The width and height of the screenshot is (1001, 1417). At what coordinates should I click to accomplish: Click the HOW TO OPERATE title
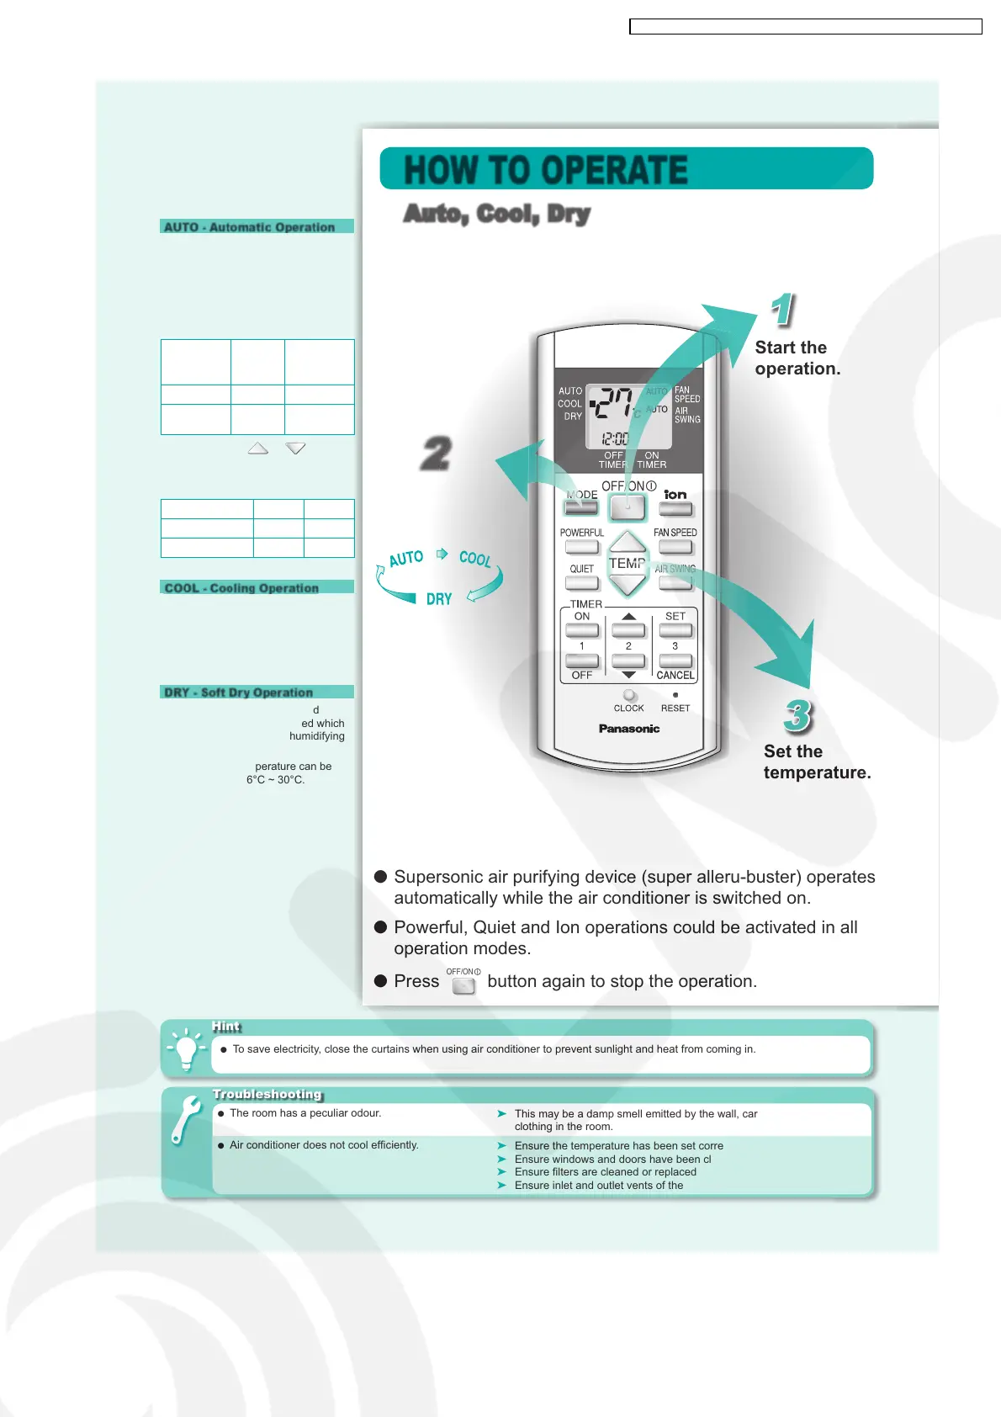click(x=546, y=170)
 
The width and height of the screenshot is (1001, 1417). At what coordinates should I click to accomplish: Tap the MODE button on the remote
click(x=580, y=508)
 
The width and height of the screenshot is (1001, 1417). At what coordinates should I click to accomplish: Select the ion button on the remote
click(x=675, y=508)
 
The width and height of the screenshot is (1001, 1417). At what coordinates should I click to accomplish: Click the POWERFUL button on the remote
click(x=581, y=547)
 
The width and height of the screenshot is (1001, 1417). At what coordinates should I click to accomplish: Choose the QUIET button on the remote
click(x=581, y=582)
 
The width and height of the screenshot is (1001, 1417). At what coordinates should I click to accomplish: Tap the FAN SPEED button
click(x=675, y=547)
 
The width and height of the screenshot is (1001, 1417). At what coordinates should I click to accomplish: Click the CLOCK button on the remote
click(x=629, y=696)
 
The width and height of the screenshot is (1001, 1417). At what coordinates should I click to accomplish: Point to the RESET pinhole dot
click(x=675, y=695)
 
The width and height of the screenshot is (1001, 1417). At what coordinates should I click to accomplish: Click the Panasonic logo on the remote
click(x=628, y=729)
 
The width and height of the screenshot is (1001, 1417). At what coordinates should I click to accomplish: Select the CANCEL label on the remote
click(x=675, y=675)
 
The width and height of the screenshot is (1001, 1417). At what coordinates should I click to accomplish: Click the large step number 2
click(x=437, y=454)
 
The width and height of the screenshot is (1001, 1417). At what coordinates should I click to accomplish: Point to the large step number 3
click(x=797, y=716)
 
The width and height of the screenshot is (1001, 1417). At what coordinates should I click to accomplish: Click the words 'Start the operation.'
click(x=796, y=358)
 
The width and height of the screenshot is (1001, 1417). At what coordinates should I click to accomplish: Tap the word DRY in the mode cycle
click(x=438, y=599)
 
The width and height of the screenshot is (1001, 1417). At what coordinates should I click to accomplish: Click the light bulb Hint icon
click(x=187, y=1048)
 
